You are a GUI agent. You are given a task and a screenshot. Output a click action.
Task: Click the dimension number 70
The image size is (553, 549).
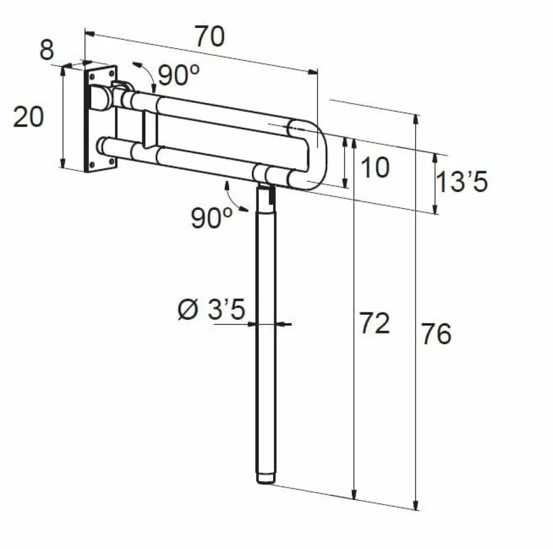click(210, 36)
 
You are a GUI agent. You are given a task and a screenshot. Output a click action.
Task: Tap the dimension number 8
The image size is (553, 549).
click(47, 50)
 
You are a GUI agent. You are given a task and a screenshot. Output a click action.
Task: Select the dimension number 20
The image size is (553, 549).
click(28, 117)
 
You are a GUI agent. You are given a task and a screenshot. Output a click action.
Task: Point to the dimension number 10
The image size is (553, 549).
click(375, 167)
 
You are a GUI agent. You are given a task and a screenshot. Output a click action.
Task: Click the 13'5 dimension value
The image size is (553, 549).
click(462, 182)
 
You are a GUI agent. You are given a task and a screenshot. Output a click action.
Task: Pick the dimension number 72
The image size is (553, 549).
click(375, 323)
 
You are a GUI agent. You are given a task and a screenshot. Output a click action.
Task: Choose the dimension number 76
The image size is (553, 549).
click(437, 334)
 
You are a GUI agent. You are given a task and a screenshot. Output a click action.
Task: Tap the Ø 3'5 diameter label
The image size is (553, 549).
click(212, 309)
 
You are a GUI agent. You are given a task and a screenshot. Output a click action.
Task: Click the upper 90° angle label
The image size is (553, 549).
click(178, 75)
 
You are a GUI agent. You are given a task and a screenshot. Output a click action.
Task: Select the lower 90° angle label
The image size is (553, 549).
click(212, 218)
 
